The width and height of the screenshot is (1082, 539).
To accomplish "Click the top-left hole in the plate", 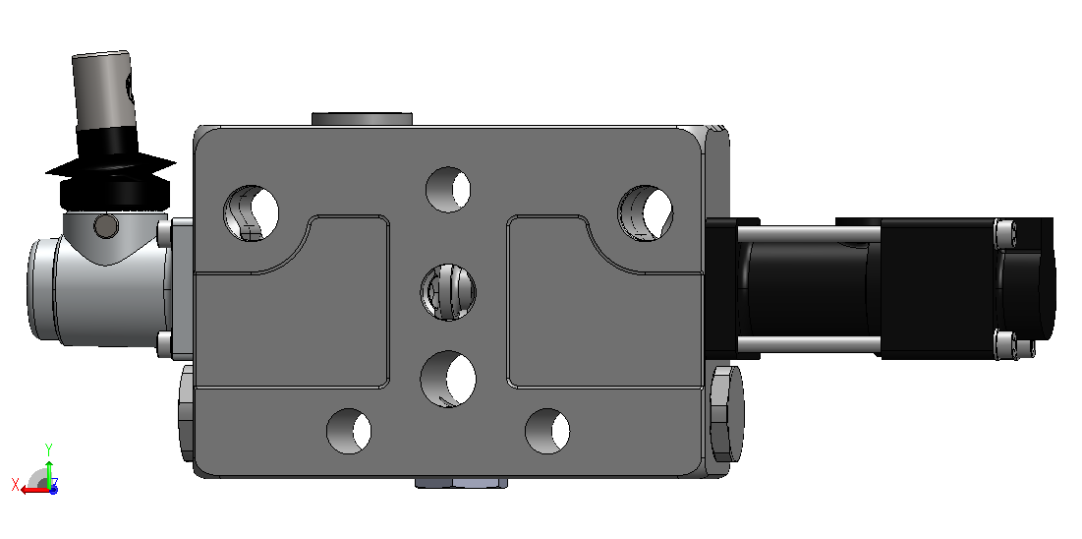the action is (252, 212).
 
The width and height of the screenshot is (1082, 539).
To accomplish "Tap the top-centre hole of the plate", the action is (448, 190).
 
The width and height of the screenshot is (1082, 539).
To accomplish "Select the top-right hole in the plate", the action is (646, 212).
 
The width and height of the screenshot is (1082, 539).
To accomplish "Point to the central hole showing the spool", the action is (448, 291).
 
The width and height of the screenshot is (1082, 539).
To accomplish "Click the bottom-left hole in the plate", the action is (349, 431).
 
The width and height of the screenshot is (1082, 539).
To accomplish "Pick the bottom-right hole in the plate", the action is (547, 431).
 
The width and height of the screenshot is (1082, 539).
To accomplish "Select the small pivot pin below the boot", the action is (105, 224).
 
